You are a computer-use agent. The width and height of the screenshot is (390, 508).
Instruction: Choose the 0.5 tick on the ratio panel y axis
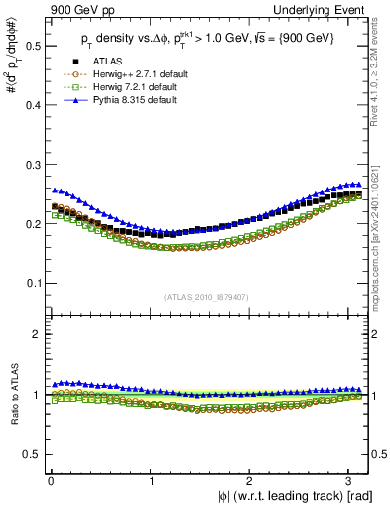[x=29, y=455]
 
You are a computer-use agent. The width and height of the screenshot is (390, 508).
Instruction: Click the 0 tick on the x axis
[x=51, y=483]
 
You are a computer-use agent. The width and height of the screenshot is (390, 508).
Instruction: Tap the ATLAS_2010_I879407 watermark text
[x=207, y=297]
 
